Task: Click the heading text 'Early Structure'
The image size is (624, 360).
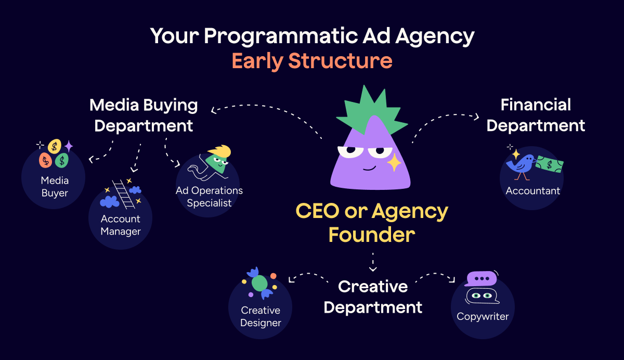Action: click(x=311, y=61)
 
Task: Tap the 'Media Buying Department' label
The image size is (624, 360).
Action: click(x=144, y=115)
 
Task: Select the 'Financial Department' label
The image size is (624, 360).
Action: click(x=536, y=115)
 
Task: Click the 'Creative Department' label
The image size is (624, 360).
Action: click(x=373, y=297)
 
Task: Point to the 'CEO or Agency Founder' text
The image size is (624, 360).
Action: click(x=372, y=223)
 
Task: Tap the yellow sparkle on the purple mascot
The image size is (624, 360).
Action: click(x=394, y=162)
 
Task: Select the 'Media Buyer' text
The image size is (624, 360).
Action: click(x=55, y=187)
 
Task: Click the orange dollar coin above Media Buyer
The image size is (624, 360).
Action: click(x=46, y=160)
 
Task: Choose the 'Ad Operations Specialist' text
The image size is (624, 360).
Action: click(x=209, y=197)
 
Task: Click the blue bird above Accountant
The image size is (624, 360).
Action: click(x=523, y=163)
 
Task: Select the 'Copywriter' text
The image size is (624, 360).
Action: click(x=483, y=316)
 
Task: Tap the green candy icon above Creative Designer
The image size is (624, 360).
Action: click(x=259, y=284)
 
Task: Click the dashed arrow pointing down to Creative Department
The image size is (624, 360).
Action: click(x=372, y=262)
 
